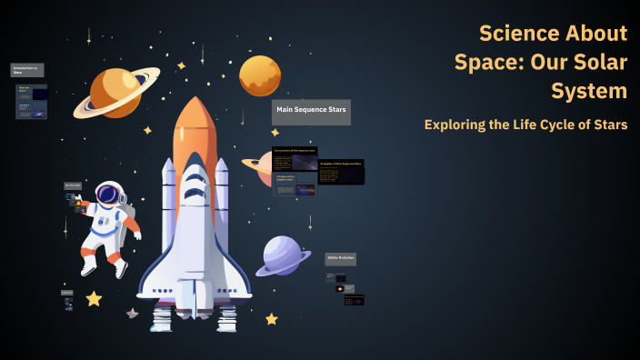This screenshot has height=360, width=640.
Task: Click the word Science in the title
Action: pos(518,34)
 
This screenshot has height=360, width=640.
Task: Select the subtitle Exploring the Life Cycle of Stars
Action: pos(525,125)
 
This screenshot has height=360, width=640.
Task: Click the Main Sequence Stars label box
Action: pos(311,112)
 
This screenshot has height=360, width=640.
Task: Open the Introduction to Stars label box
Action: pos(27,70)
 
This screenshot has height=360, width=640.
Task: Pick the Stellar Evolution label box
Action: pos(341,259)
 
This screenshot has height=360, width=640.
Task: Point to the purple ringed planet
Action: pos(283,255)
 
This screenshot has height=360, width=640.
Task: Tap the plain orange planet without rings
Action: pos(260,75)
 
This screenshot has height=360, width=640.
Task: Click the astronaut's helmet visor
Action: pos(108,195)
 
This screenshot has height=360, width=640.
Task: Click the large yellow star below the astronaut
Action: pos(94,298)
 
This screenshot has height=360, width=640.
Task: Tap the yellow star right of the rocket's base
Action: pos(271,319)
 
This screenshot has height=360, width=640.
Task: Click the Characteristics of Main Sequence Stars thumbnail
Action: pos(295,158)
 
